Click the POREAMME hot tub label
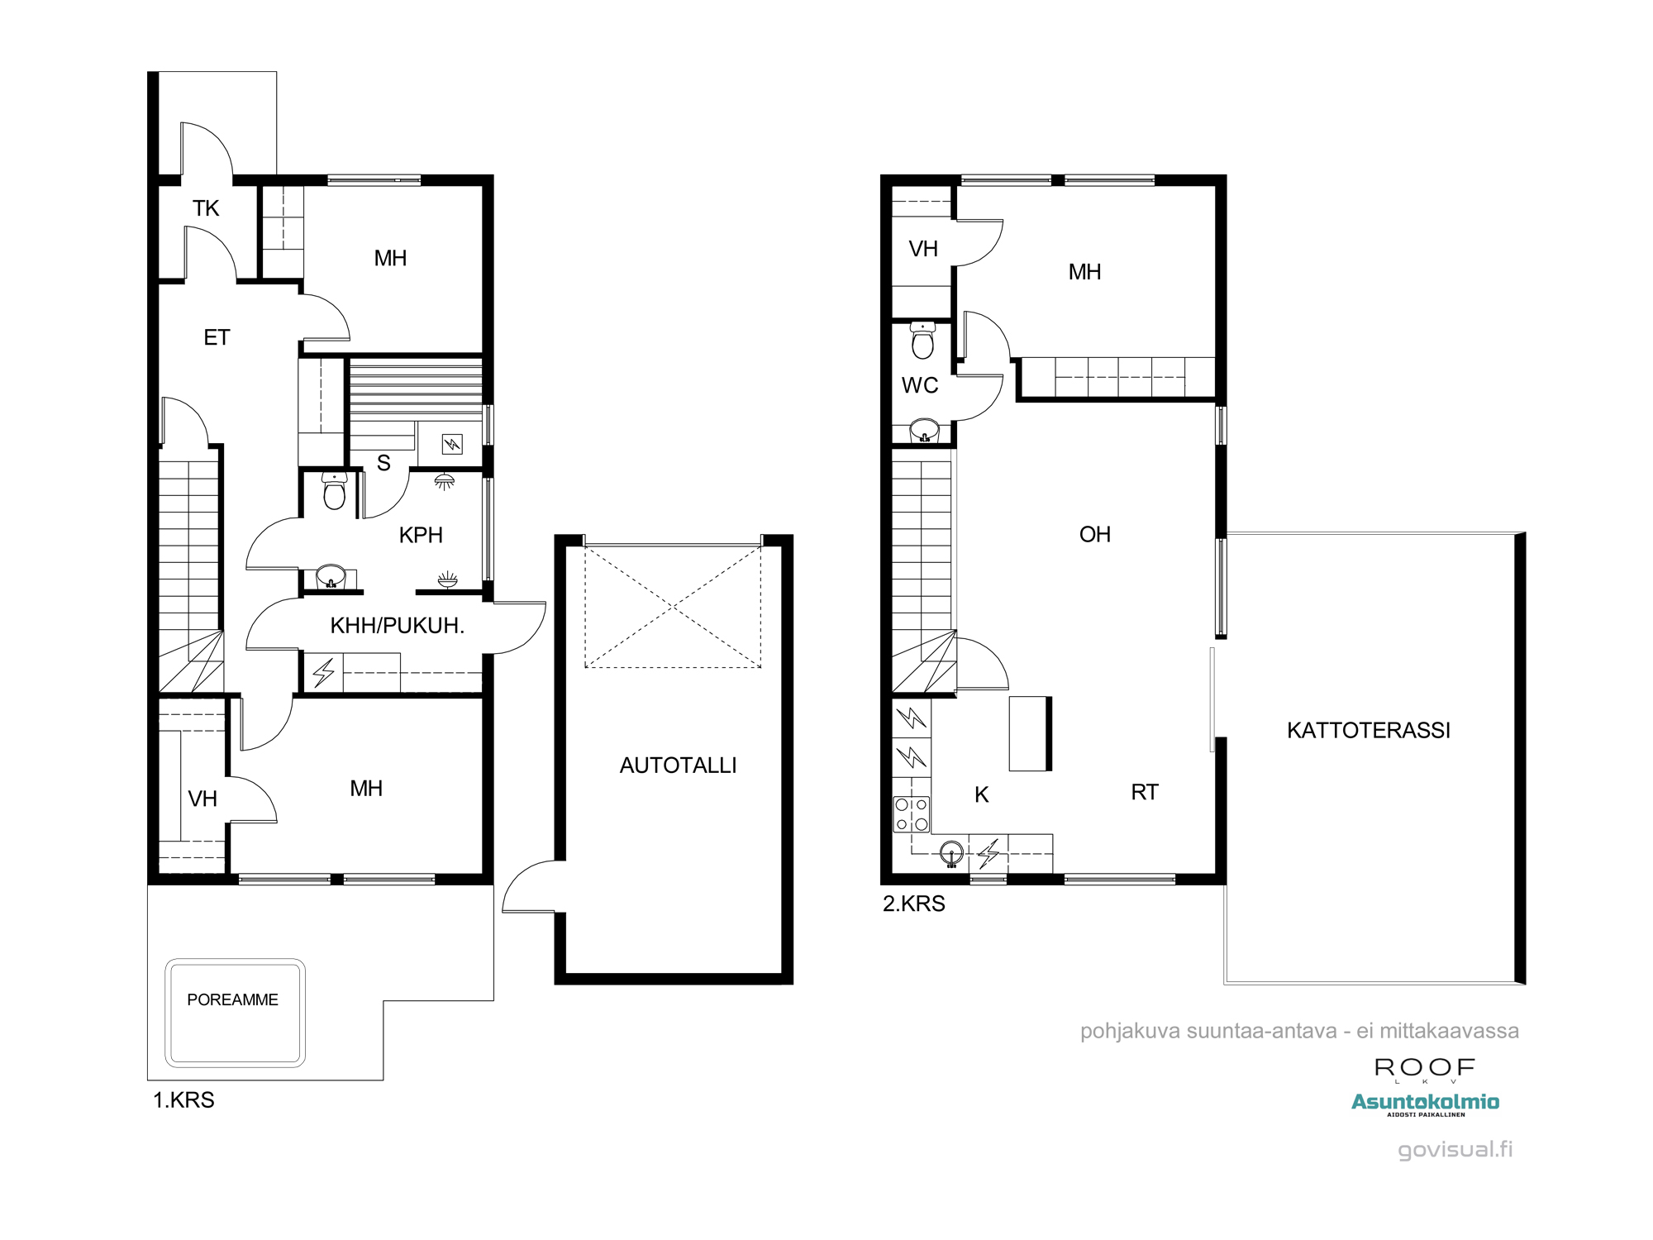232,999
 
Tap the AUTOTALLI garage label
678,765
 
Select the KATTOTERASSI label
1368,730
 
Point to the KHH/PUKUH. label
397,626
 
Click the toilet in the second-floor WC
922,340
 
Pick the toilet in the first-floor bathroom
334,491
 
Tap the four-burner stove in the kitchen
912,813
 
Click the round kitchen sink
951,853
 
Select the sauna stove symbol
451,444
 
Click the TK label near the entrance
206,208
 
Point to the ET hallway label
217,337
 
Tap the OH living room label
1094,534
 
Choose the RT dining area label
1145,792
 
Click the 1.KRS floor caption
183,1100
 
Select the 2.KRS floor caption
913,904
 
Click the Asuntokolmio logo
1425,1104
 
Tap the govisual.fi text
1455,1150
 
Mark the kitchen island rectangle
1030,734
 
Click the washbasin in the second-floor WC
924,431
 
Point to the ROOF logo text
1425,1068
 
